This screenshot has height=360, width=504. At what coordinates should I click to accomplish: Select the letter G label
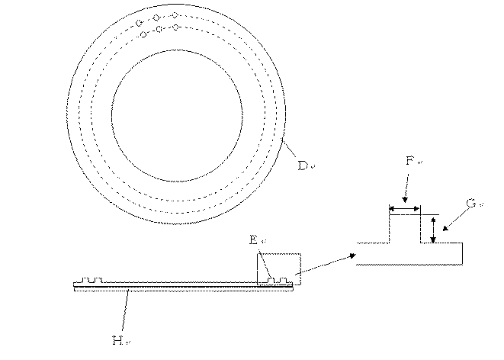coord(470,204)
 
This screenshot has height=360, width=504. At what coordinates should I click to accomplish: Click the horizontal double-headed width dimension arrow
coord(404,207)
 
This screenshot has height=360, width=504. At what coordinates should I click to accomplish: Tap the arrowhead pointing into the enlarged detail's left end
coord(352,256)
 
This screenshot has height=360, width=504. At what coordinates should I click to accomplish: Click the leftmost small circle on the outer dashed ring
coord(140,24)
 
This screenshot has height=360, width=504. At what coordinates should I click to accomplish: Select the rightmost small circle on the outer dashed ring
coord(175,15)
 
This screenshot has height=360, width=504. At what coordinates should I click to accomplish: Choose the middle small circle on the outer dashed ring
coord(156,18)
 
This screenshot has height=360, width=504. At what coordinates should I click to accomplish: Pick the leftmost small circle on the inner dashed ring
coord(143,34)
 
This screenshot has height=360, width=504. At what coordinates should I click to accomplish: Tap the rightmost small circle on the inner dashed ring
coord(176,27)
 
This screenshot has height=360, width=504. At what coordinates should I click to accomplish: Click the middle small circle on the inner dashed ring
coord(159,30)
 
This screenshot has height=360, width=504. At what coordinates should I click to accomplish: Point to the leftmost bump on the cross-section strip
coord(89,281)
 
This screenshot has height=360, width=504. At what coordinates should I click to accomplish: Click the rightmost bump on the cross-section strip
coord(284,281)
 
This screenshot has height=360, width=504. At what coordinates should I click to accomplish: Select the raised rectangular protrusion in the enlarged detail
coord(405,229)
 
